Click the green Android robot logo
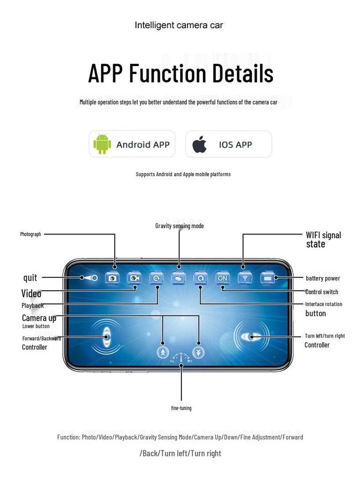(x=102, y=144)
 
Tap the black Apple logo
(x=200, y=144)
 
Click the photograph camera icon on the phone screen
(x=112, y=278)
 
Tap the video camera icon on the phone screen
(x=135, y=278)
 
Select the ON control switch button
(x=222, y=278)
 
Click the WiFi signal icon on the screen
(x=244, y=278)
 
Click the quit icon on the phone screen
(x=89, y=278)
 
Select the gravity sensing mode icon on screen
(x=179, y=278)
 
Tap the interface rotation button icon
(x=200, y=278)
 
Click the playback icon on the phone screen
(x=156, y=278)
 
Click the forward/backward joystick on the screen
(x=106, y=337)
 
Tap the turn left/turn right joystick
(x=251, y=337)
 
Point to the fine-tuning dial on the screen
(x=181, y=358)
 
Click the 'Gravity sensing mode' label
(x=180, y=226)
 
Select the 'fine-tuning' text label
(x=181, y=408)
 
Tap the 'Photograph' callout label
(x=30, y=234)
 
